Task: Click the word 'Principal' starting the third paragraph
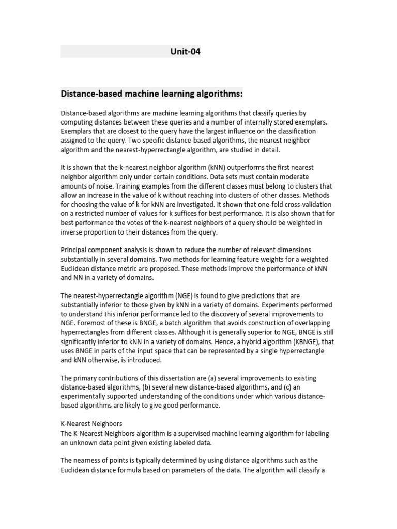(x=75, y=250)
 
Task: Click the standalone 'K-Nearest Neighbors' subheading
(x=91, y=423)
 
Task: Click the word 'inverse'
(x=73, y=231)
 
